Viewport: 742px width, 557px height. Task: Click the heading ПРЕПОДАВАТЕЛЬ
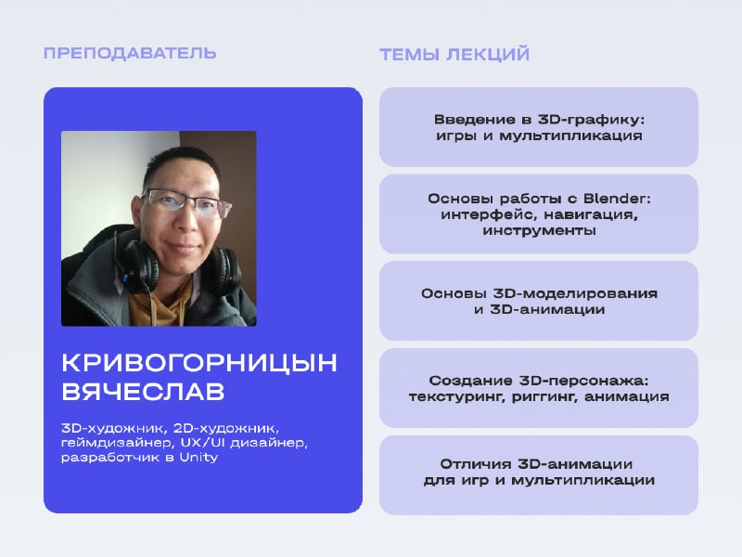click(x=130, y=53)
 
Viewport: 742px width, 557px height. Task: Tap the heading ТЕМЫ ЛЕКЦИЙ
click(x=454, y=55)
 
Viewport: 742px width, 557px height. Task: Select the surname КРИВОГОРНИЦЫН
click(x=199, y=363)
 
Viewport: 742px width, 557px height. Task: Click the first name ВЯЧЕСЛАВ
click(x=143, y=392)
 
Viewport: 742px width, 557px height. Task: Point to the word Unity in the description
click(x=198, y=458)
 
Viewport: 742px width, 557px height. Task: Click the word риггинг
click(x=544, y=397)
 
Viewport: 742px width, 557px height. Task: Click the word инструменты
click(x=539, y=230)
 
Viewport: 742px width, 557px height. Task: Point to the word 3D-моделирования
click(x=575, y=293)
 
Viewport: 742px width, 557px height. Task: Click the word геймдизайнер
click(x=115, y=444)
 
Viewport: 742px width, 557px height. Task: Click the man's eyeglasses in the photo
click(x=187, y=202)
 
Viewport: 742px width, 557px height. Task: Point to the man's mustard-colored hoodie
click(x=156, y=304)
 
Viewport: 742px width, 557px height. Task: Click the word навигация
click(x=591, y=215)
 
